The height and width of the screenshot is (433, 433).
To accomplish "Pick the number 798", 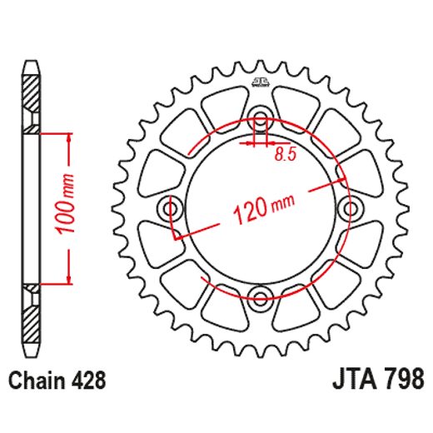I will point(400,381).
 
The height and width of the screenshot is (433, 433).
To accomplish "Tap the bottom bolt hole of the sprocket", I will point(261,298).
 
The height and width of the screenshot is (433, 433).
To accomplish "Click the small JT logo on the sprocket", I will point(260,82).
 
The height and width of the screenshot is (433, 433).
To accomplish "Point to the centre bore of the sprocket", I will point(261,241).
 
